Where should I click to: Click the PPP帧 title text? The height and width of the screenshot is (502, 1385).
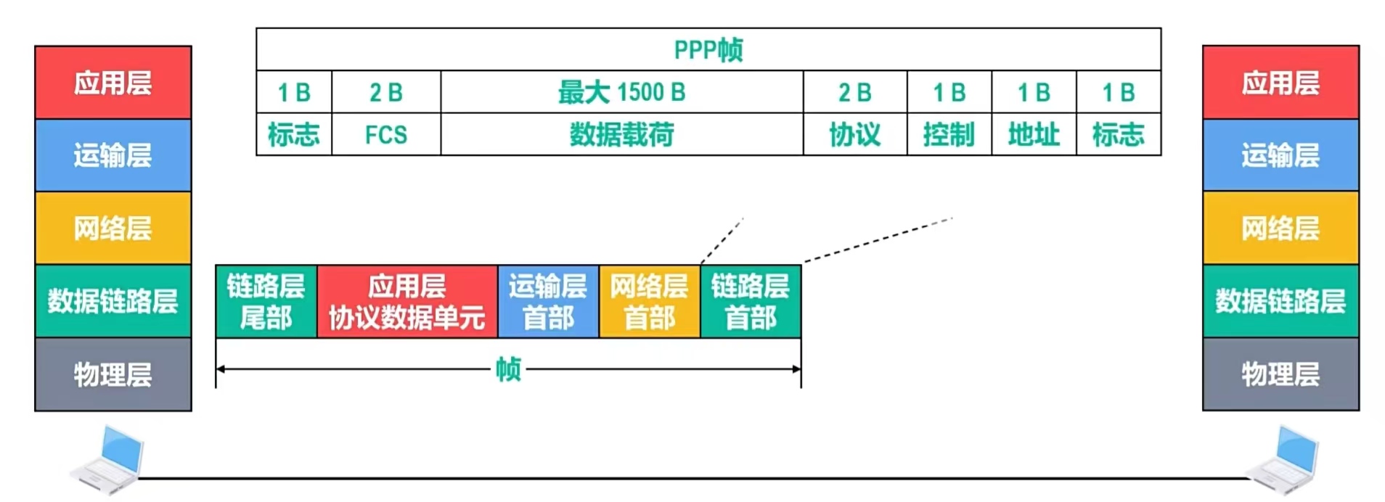[x=708, y=50]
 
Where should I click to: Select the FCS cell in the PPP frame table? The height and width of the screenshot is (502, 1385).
[x=385, y=135]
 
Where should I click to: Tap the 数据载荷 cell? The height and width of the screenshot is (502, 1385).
[x=621, y=135]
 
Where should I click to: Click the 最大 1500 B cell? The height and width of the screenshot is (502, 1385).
[x=621, y=92]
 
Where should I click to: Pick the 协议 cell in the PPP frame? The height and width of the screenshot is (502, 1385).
[x=854, y=135]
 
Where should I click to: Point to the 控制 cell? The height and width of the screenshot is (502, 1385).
[x=948, y=135]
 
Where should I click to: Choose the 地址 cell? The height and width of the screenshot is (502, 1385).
[x=1033, y=135]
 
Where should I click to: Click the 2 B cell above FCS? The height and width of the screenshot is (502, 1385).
[x=385, y=92]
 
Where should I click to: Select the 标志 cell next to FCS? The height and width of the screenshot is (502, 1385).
[x=293, y=135]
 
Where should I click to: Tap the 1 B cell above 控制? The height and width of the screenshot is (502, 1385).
[x=948, y=92]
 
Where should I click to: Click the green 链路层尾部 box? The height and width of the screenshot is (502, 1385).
[x=266, y=302]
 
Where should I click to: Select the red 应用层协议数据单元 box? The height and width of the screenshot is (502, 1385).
[x=406, y=302]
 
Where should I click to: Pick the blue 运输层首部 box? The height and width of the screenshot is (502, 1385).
[x=547, y=302]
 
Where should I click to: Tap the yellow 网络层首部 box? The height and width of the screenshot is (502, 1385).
[x=649, y=302]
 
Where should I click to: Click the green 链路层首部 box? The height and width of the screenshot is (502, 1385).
[x=750, y=302]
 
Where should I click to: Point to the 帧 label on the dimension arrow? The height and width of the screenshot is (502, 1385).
[x=508, y=369]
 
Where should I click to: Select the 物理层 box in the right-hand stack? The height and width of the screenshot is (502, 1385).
[x=1280, y=374]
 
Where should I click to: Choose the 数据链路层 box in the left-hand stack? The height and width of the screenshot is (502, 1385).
[x=113, y=301]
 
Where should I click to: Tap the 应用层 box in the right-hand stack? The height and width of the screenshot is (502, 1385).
[x=1280, y=83]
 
